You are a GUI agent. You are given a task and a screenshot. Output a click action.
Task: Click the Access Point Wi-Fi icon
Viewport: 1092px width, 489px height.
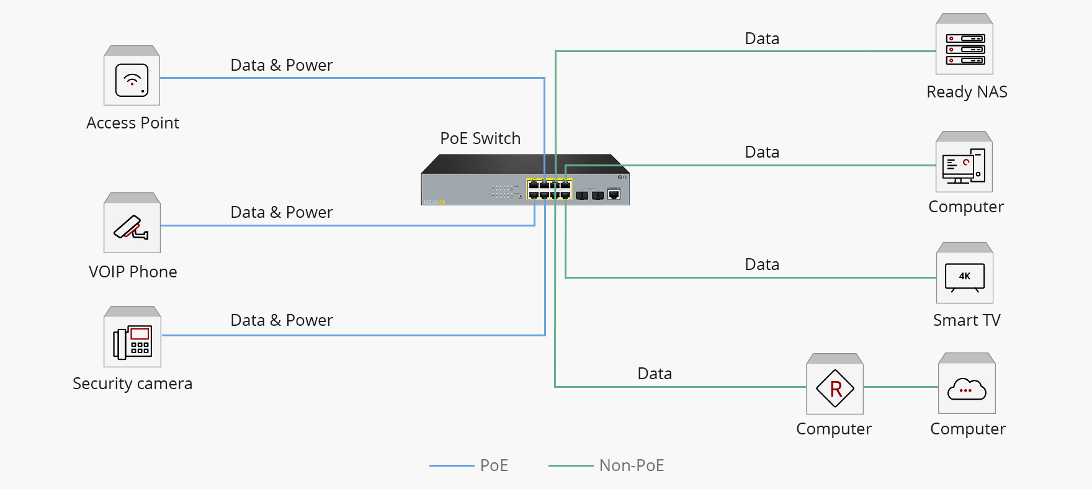(x=132, y=80)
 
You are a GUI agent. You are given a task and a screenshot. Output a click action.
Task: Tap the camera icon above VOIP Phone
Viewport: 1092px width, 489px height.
(x=132, y=227)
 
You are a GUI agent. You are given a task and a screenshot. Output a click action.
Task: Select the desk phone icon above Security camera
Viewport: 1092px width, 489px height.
(x=132, y=341)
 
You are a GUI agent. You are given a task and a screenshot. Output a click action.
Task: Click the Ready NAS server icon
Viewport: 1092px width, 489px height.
(x=965, y=49)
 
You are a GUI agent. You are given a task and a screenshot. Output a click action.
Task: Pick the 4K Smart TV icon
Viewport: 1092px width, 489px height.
(x=964, y=277)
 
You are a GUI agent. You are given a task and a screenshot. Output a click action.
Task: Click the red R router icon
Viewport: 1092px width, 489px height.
(x=835, y=388)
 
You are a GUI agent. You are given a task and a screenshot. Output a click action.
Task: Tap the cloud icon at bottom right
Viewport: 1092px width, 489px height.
(x=967, y=389)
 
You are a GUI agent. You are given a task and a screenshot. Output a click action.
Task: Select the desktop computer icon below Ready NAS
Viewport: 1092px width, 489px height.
(x=964, y=166)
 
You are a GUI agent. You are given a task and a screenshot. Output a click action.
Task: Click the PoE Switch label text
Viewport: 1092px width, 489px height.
(x=480, y=138)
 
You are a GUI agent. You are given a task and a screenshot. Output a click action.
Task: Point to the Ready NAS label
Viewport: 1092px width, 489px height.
(x=967, y=92)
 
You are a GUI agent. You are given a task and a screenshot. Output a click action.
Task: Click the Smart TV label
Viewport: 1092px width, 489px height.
(x=967, y=320)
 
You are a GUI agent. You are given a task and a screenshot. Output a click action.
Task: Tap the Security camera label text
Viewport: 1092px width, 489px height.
(x=132, y=384)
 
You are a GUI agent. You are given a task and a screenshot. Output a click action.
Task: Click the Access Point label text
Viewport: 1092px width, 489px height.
(x=132, y=123)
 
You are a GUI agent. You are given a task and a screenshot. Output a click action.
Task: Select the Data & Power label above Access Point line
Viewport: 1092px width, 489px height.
(x=282, y=65)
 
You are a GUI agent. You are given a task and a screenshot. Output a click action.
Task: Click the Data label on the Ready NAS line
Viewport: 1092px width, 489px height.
(x=762, y=38)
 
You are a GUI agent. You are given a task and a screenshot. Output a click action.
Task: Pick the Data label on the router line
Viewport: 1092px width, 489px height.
(x=655, y=374)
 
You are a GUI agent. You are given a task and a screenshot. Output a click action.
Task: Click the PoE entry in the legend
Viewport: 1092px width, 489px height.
(x=494, y=465)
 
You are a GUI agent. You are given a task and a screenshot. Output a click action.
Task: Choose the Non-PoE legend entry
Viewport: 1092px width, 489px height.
(x=631, y=465)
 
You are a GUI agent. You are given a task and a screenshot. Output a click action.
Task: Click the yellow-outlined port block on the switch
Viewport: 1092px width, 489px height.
(x=549, y=189)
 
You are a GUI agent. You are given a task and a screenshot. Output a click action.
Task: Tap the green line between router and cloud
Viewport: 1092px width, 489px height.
(x=900, y=387)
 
